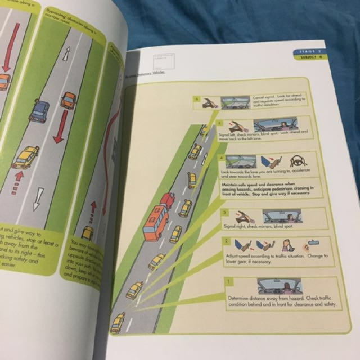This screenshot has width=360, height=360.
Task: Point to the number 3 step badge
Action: tap(224, 213)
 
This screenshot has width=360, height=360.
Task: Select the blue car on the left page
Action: tap(39, 111)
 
